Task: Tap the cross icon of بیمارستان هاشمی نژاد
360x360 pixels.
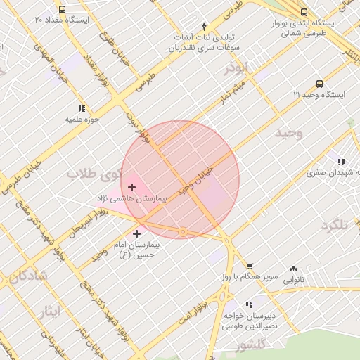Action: tap(131, 187)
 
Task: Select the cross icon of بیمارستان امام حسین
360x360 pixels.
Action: tap(136, 233)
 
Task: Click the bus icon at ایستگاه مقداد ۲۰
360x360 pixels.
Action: tap(63, 11)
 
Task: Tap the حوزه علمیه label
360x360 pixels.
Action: tap(83, 119)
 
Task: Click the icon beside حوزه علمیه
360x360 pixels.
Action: tap(82, 108)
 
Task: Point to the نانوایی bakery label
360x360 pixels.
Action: tap(293, 279)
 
